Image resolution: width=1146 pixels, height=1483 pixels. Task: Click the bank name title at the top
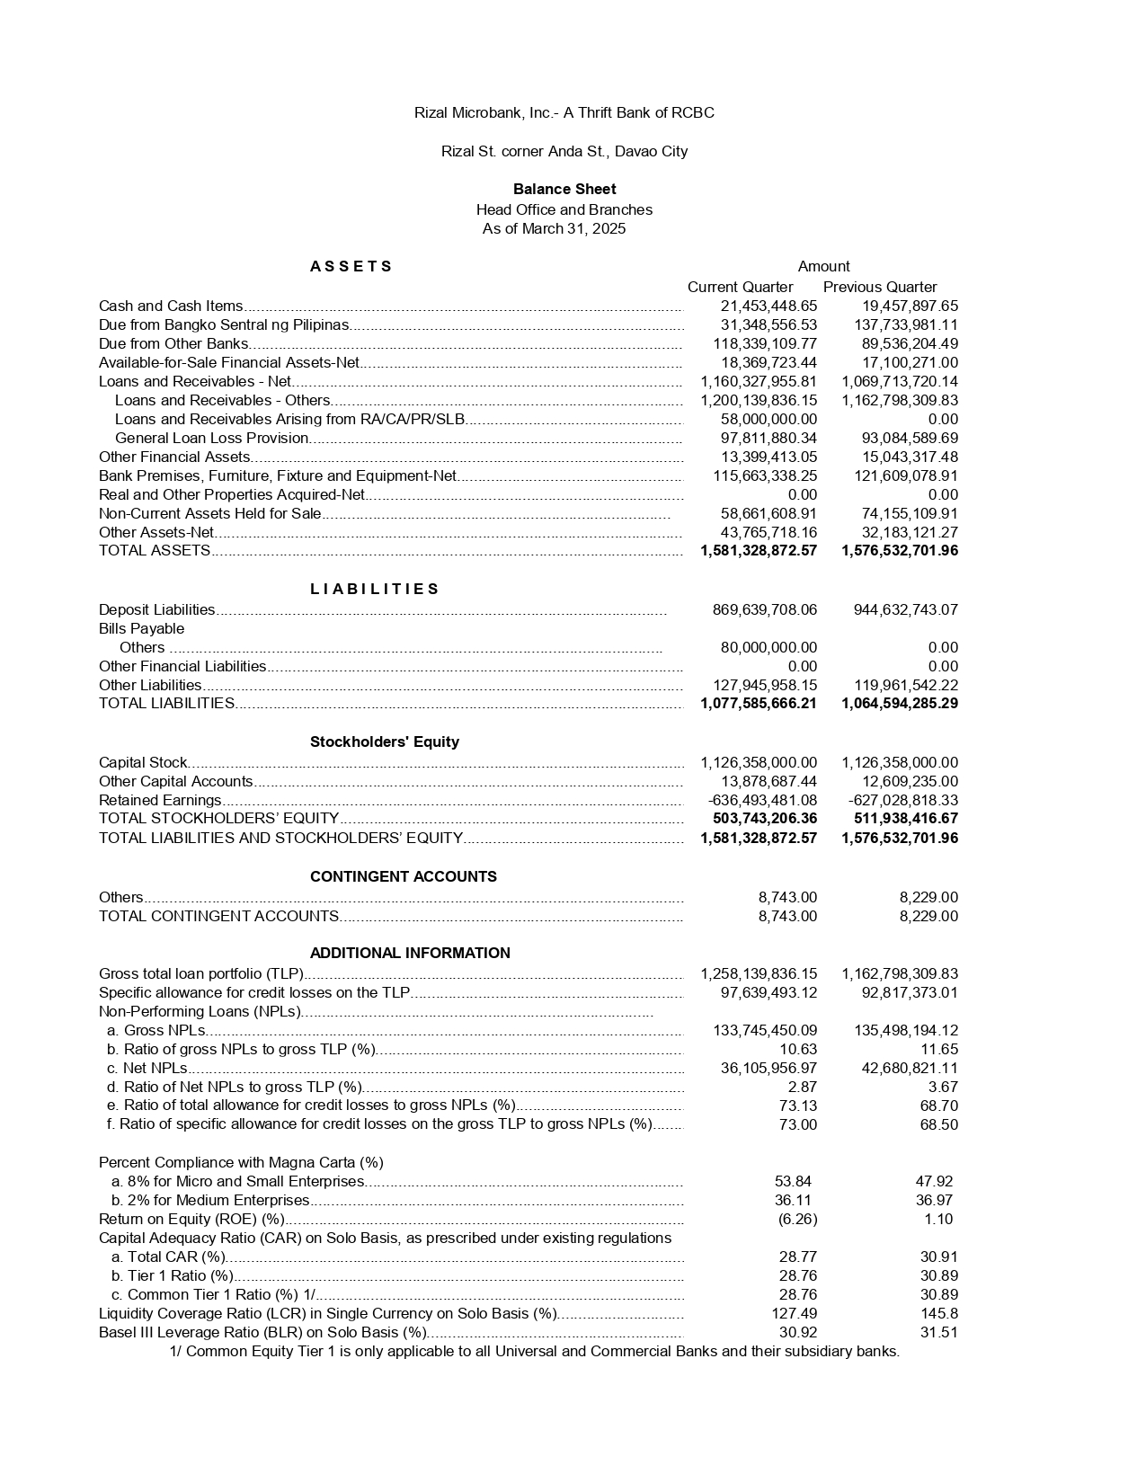click(x=564, y=112)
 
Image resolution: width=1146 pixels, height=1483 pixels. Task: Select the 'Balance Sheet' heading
click(x=564, y=189)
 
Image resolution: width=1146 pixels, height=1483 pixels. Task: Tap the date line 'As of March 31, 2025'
click(x=554, y=228)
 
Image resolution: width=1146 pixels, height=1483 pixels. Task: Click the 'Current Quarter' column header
click(x=740, y=287)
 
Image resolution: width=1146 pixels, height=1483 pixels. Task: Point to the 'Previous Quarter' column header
click(x=880, y=287)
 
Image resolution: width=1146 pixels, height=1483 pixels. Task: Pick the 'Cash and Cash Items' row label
click(x=171, y=306)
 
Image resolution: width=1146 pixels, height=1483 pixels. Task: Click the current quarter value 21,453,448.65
click(x=768, y=306)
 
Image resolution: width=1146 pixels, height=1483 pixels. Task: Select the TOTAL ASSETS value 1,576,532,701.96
click(x=900, y=550)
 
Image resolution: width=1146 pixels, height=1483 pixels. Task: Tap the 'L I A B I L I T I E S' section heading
click(x=374, y=589)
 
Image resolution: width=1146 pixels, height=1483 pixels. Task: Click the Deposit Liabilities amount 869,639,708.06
click(x=765, y=609)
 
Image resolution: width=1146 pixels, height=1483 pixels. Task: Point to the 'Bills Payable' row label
click(x=141, y=628)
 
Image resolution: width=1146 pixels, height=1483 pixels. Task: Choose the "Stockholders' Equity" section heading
click(x=384, y=741)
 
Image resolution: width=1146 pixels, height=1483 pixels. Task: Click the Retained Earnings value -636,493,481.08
click(x=762, y=800)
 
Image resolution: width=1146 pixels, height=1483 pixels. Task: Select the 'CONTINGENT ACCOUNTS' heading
click(x=403, y=876)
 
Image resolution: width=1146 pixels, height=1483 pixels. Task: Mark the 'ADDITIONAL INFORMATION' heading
click(x=410, y=953)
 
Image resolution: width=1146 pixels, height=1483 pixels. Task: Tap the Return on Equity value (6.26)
click(x=797, y=1219)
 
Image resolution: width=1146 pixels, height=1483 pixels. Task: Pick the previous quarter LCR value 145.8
click(x=939, y=1313)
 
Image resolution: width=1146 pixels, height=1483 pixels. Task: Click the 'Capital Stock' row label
click(x=143, y=762)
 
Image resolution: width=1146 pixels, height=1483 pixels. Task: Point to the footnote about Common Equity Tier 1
click(x=534, y=1351)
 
